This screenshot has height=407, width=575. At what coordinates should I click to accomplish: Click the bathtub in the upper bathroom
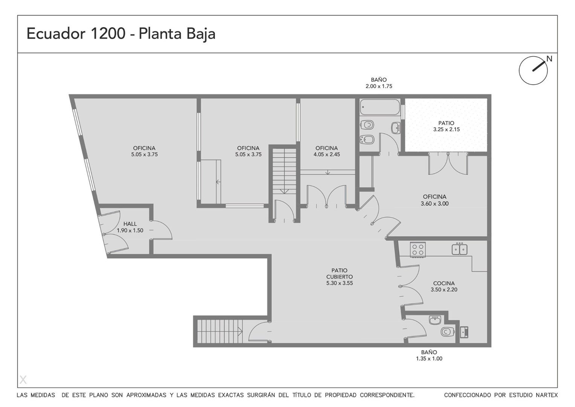point(380,107)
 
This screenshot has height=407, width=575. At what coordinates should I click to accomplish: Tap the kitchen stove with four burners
point(418,249)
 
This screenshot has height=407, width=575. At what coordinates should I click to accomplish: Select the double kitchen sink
point(459,249)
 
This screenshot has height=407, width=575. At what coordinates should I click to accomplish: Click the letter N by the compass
point(549,59)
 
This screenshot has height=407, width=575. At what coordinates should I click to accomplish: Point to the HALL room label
point(130,224)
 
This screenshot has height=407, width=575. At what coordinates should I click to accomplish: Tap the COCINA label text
point(444,283)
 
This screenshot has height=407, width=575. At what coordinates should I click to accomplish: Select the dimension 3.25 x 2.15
point(446,129)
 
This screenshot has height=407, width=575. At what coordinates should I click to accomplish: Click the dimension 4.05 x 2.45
point(326,155)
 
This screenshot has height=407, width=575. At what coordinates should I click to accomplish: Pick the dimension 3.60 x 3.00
point(435,203)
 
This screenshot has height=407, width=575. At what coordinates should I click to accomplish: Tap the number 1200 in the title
point(108,34)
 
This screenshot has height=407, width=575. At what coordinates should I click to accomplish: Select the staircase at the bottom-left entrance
point(220,332)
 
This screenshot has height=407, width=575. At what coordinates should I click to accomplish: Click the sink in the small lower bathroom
point(435,320)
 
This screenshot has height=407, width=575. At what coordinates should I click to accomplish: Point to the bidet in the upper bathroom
point(367,139)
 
